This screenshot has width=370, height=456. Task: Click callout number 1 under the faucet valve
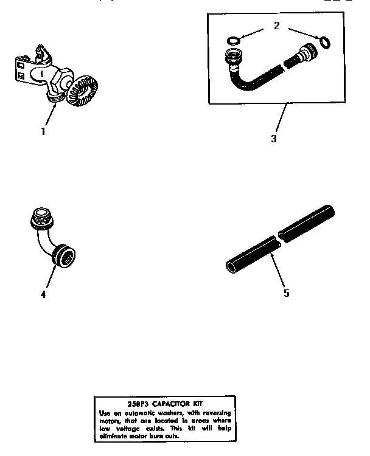pos(43,130)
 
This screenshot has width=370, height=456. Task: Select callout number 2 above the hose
pos(276,26)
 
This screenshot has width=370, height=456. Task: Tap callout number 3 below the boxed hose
pos(274,139)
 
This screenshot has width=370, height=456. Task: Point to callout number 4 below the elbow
pos(43,294)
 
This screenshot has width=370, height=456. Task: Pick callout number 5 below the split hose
pos(286,293)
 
